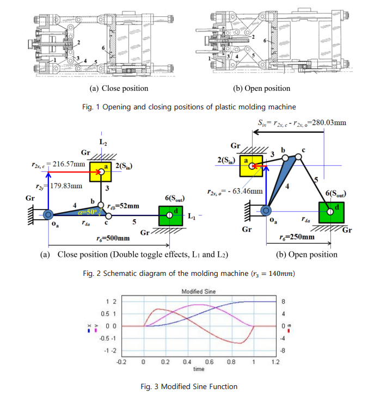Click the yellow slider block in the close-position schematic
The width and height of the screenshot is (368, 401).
[101, 172]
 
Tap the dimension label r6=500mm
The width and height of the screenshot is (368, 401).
[113, 238]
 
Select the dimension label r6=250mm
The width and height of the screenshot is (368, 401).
[297, 237]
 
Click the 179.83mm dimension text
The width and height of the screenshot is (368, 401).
[66, 186]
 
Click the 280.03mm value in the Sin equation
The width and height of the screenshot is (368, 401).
[327, 122]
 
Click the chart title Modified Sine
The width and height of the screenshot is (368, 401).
[198, 292]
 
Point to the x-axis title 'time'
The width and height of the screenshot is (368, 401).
[199, 369]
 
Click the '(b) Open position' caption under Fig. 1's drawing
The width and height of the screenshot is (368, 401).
[261, 88]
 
